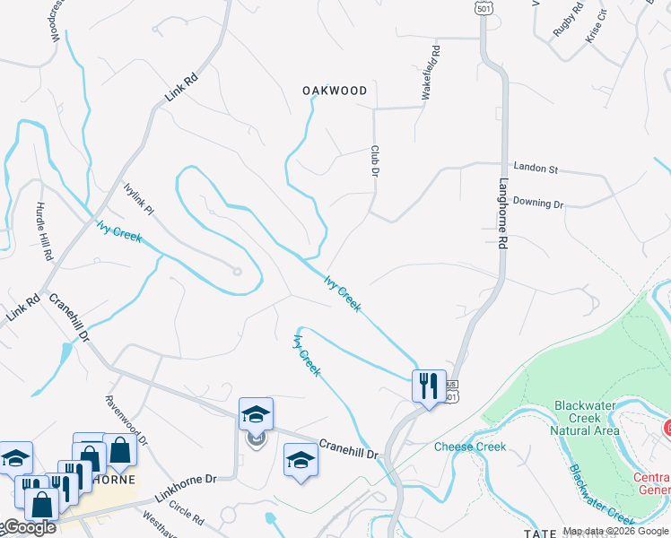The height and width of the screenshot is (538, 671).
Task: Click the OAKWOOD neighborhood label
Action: (335, 91)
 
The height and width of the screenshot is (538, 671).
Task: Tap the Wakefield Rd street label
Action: (428, 73)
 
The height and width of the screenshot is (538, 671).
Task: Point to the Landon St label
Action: (536, 168)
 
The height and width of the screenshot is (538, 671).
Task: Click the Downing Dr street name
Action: (538, 204)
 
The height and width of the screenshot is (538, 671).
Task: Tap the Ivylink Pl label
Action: (140, 197)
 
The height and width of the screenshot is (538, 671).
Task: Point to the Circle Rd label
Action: (187, 512)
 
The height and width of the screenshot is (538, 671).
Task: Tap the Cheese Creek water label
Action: (470, 447)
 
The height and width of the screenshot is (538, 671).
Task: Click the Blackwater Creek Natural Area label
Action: (587, 418)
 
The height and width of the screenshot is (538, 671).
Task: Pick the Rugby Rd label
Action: (568, 19)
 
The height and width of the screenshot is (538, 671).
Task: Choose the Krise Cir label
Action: (597, 25)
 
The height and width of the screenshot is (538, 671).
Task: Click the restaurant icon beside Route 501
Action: (428, 386)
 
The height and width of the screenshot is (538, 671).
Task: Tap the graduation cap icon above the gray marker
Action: (256, 413)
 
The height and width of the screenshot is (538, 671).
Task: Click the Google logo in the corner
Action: (27, 527)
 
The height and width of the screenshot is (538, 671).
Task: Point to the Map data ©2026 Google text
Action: (615, 531)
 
